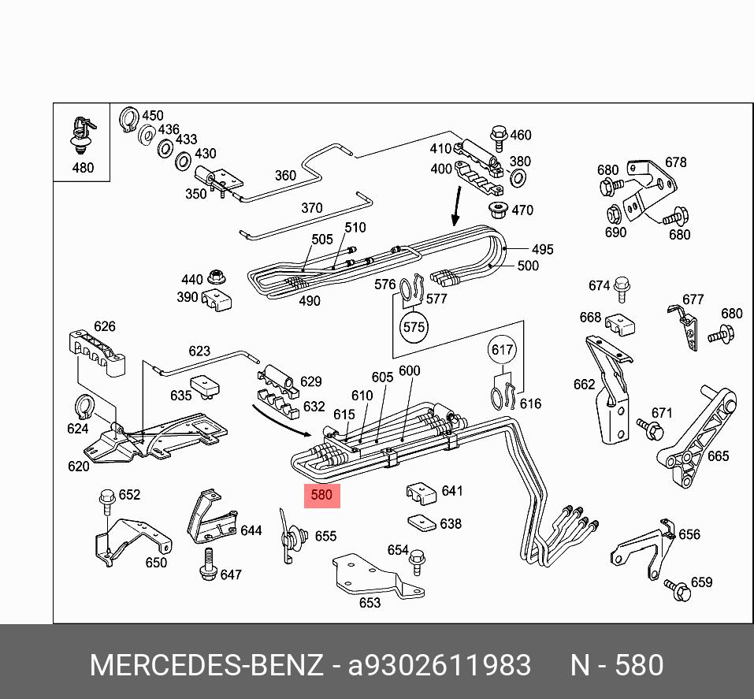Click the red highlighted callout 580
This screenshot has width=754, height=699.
pyautogui.click(x=321, y=496)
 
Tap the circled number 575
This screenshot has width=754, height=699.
pyautogui.click(x=414, y=326)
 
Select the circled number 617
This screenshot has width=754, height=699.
pyautogui.click(x=502, y=350)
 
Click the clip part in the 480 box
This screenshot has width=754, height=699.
pyautogui.click(x=81, y=134)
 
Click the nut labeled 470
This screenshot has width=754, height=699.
pyautogui.click(x=498, y=210)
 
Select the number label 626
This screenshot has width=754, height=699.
pyautogui.click(x=104, y=326)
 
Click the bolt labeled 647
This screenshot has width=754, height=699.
pyautogui.click(x=208, y=565)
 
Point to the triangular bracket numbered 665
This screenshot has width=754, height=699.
pyautogui.click(x=696, y=432)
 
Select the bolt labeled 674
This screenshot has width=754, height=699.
pyautogui.click(x=622, y=288)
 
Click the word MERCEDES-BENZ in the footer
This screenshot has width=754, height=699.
pyautogui.click(x=206, y=666)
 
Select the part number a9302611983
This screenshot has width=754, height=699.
pyautogui.click(x=440, y=666)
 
